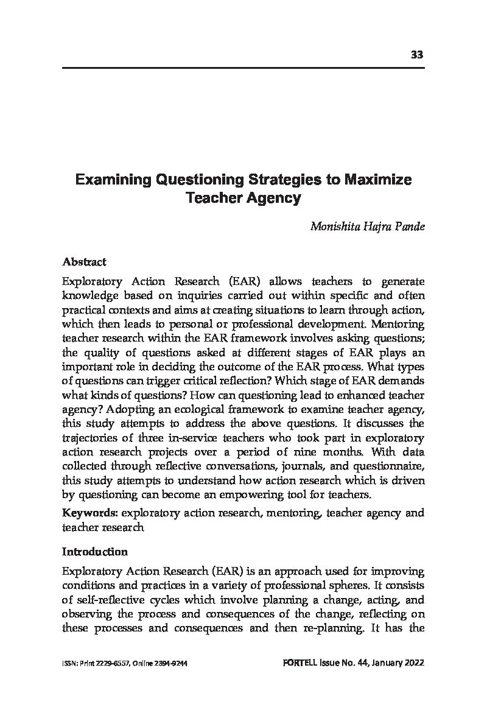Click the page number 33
coord(417,55)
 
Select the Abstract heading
coord(84,262)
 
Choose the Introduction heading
coord(95,552)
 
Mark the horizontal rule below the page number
coord(243,67)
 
